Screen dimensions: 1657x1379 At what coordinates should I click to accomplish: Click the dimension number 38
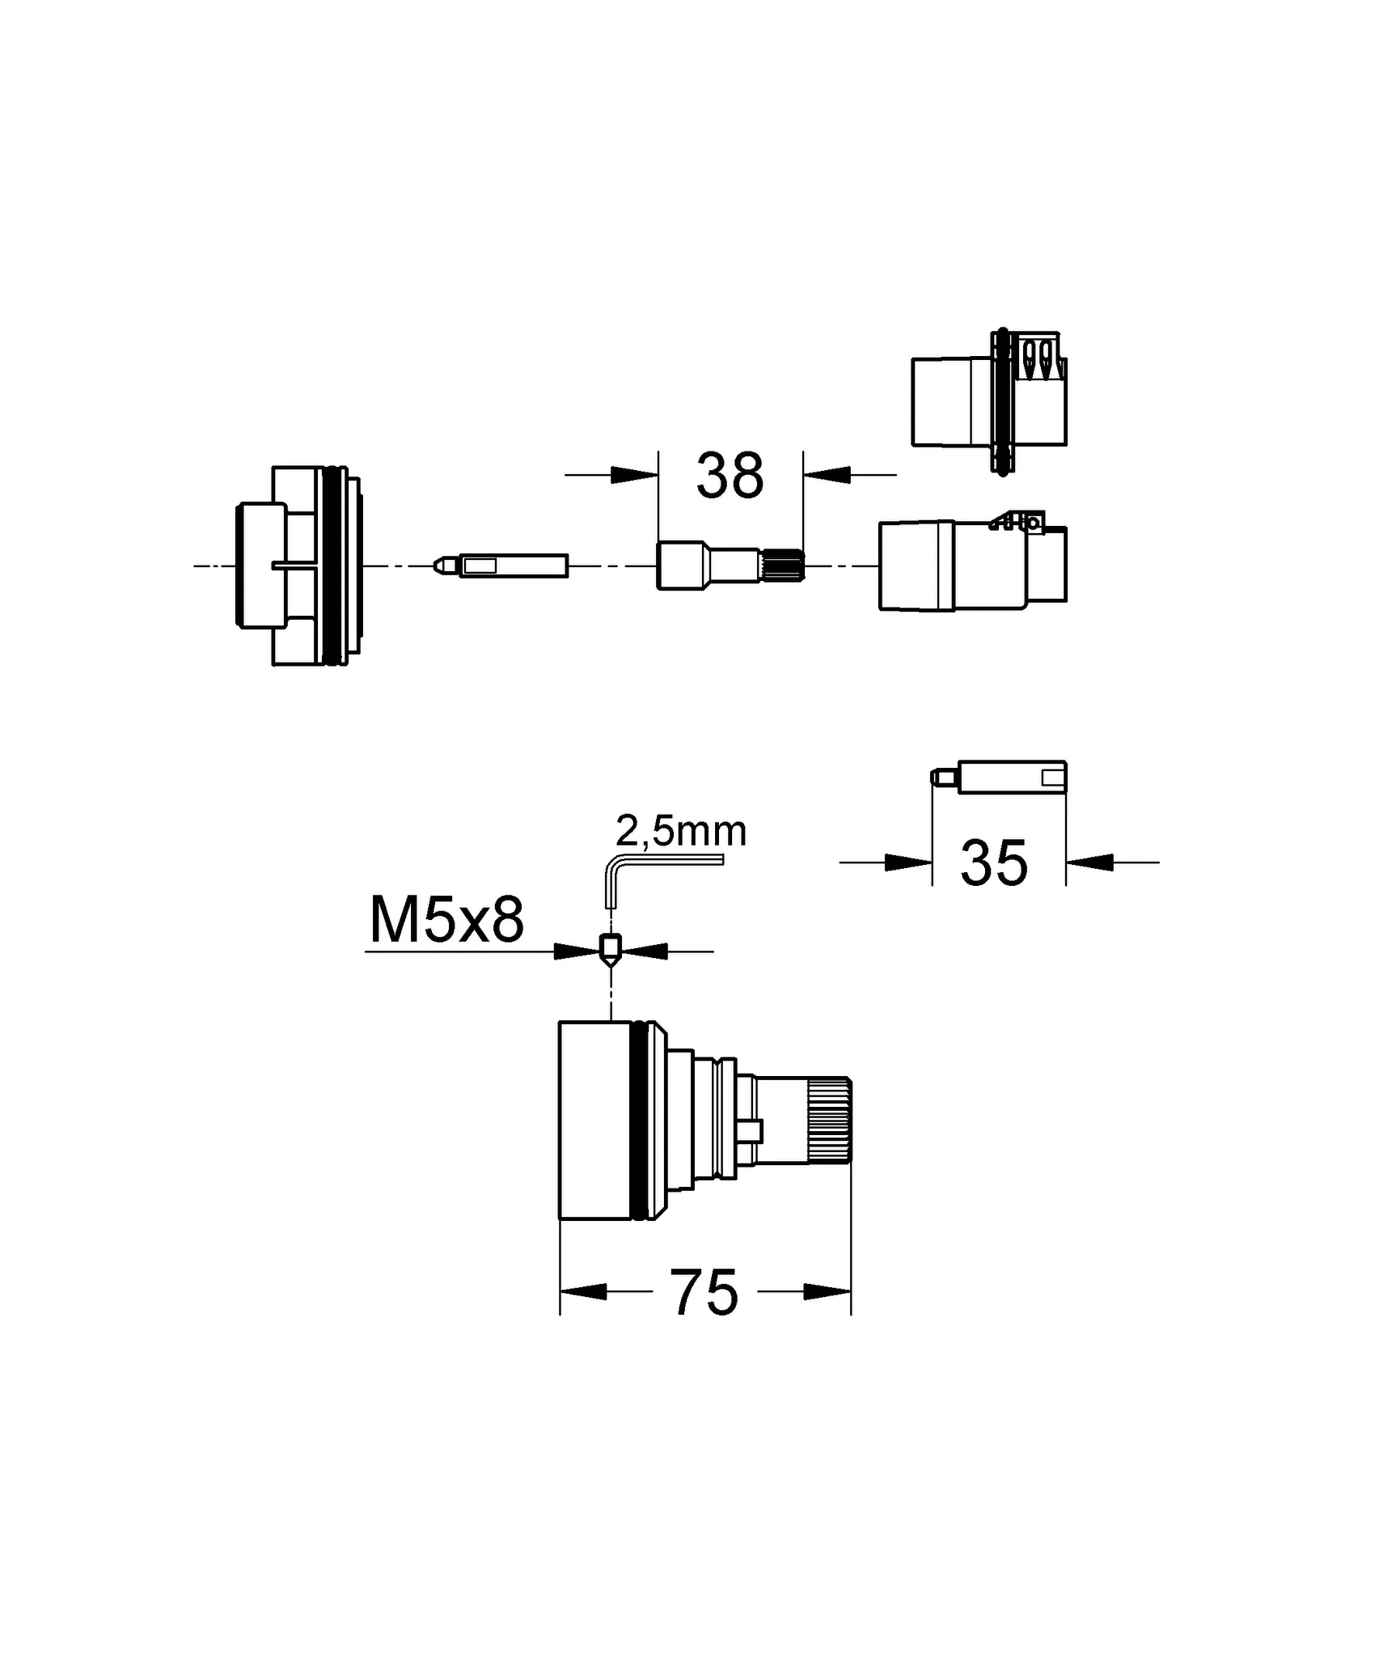tap(730, 477)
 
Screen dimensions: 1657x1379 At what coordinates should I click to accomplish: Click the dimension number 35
tap(994, 863)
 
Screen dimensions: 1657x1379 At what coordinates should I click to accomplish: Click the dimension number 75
tap(704, 1293)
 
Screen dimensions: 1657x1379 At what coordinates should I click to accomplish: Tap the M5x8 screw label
tap(446, 921)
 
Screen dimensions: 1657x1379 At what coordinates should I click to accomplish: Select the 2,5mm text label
tap(681, 831)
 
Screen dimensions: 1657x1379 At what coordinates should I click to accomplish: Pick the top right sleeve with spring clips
tap(988, 401)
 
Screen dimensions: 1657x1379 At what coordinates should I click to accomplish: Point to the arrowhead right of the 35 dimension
tap(1089, 862)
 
